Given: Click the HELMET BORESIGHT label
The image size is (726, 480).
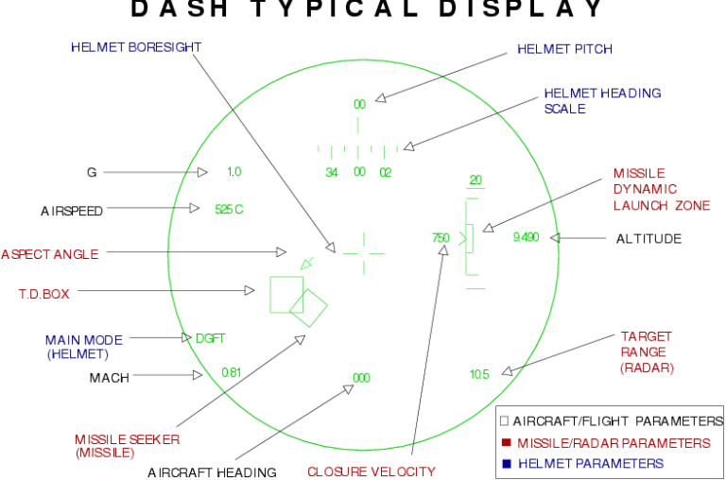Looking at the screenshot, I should (136, 47).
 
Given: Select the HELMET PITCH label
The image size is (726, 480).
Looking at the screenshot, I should (564, 49).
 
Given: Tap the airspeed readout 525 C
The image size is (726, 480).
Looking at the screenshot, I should (229, 209).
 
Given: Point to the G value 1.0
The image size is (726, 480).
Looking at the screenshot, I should (233, 172).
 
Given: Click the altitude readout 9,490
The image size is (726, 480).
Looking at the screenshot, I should (525, 237).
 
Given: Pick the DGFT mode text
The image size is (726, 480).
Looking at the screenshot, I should (210, 337).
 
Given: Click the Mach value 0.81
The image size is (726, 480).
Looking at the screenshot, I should (232, 372).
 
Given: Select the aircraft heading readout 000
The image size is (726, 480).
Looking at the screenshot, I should (361, 378).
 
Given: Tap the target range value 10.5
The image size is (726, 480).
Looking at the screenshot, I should (479, 374).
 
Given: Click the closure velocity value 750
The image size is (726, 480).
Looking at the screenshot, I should (441, 238).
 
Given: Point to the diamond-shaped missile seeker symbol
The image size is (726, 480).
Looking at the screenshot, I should (308, 307).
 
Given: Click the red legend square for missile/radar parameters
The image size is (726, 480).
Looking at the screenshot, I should (506, 442).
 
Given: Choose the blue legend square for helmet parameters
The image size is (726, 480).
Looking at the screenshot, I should (506, 463).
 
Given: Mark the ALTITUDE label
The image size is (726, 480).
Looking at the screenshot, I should (648, 239).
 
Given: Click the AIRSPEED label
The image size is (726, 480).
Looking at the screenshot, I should (71, 211).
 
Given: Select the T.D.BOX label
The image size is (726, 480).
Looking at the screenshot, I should (44, 294).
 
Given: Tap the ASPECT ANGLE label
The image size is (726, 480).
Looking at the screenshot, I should (49, 253).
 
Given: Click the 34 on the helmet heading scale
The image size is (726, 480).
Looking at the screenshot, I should (332, 173).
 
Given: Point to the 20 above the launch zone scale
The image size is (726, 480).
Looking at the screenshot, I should (475, 180).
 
